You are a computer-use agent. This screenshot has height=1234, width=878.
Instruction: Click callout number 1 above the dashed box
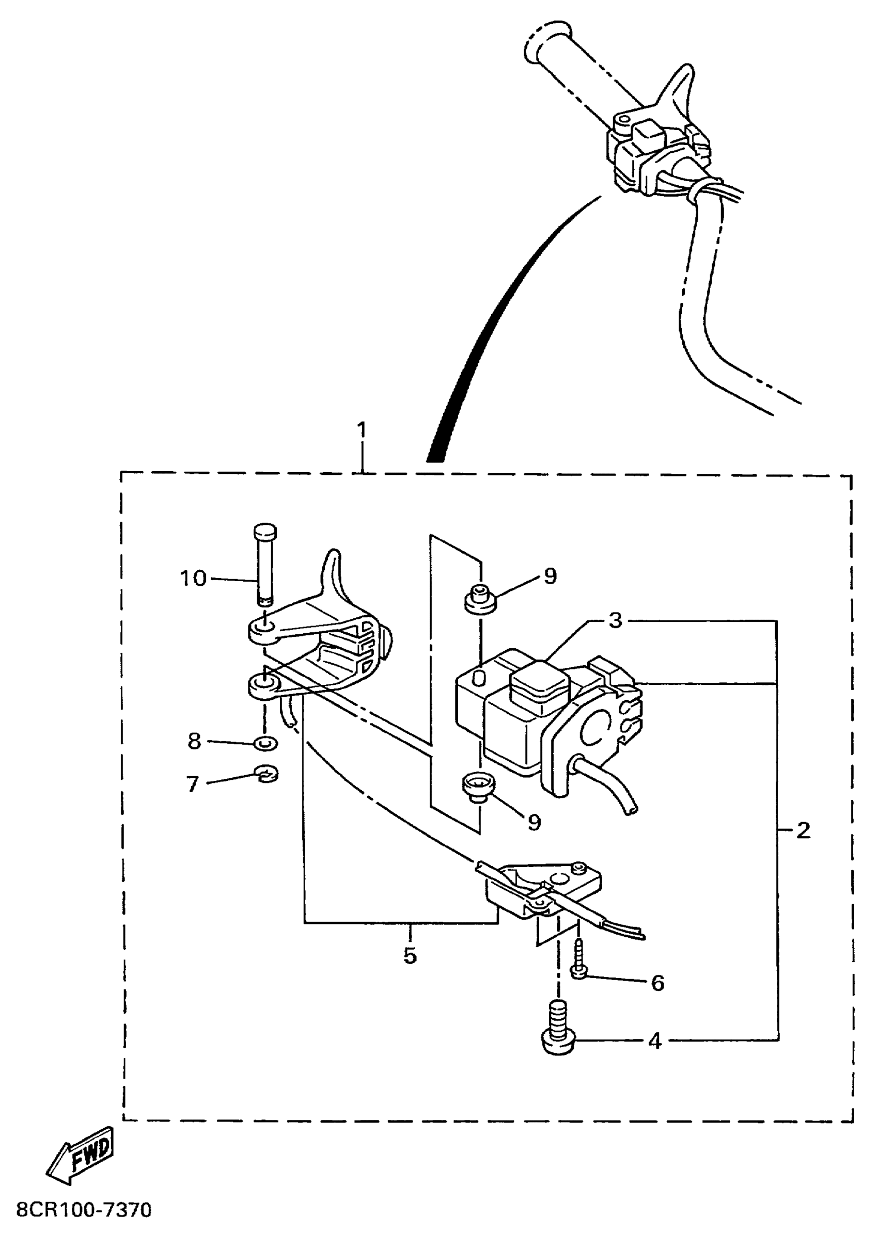tap(362, 430)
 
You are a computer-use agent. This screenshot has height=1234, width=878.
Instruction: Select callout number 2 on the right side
tap(804, 830)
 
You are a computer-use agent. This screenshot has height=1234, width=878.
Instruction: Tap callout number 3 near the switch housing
tap(615, 621)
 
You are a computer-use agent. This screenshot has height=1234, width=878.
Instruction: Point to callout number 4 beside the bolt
tap(655, 1040)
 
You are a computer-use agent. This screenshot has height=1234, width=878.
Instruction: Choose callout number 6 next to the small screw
tap(657, 983)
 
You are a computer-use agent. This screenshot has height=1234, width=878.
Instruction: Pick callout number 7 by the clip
tap(193, 784)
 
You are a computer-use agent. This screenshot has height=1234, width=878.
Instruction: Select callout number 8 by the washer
tap(194, 741)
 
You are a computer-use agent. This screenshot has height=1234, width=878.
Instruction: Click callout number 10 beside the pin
tap(194, 579)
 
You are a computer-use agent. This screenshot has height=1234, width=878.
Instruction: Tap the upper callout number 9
tap(550, 576)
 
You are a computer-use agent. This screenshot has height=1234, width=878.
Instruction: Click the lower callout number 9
tap(534, 822)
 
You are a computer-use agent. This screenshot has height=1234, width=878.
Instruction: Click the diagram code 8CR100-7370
tap(84, 1210)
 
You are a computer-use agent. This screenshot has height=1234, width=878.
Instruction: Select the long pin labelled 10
tap(264, 565)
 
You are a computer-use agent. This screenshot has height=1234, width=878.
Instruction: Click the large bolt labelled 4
tap(559, 1027)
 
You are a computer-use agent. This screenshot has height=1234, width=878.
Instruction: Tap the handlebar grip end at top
tap(546, 42)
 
